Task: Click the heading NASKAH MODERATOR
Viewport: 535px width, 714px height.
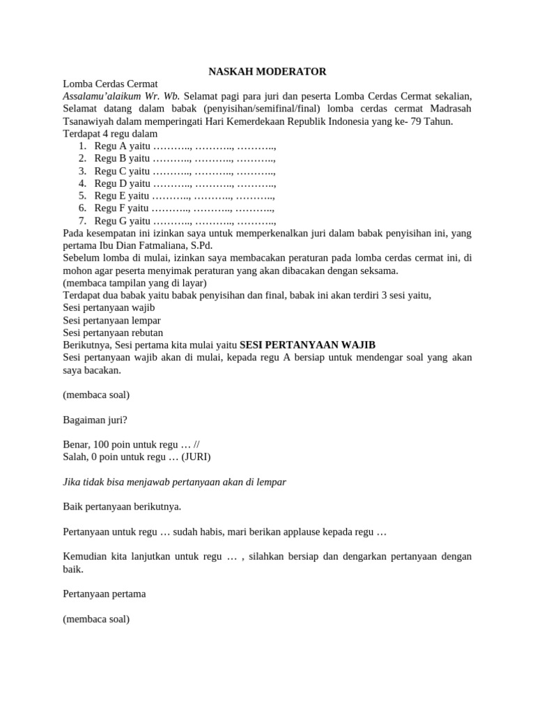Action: point(267,71)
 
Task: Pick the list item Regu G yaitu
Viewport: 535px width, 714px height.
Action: point(120,221)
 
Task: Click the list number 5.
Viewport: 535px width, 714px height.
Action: point(82,196)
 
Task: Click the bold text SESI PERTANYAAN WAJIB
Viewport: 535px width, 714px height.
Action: point(307,344)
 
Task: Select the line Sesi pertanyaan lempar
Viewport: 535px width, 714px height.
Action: point(111,320)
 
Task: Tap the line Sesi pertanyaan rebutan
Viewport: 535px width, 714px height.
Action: point(114,333)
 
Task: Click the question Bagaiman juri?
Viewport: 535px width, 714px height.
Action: point(95,420)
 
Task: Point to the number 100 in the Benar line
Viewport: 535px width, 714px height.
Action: point(102,444)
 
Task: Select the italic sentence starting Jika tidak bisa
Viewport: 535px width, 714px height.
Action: point(174,482)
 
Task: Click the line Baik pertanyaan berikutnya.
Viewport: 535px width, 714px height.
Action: point(122,507)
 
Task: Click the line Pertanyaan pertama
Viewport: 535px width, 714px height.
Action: point(104,594)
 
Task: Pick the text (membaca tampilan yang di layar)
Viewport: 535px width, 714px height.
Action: point(134,282)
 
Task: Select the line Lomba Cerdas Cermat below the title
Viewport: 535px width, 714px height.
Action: point(111,84)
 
